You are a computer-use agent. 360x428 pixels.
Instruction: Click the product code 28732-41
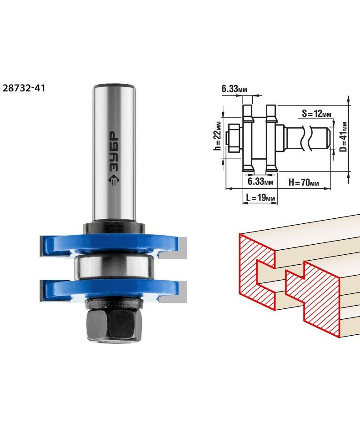coord(24,88)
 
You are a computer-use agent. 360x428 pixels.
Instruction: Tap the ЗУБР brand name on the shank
coord(114,152)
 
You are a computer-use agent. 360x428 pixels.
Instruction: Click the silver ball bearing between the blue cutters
coord(114,267)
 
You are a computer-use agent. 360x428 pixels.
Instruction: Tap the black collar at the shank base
coord(114,228)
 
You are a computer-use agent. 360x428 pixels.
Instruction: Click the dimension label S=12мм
coord(316,113)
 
